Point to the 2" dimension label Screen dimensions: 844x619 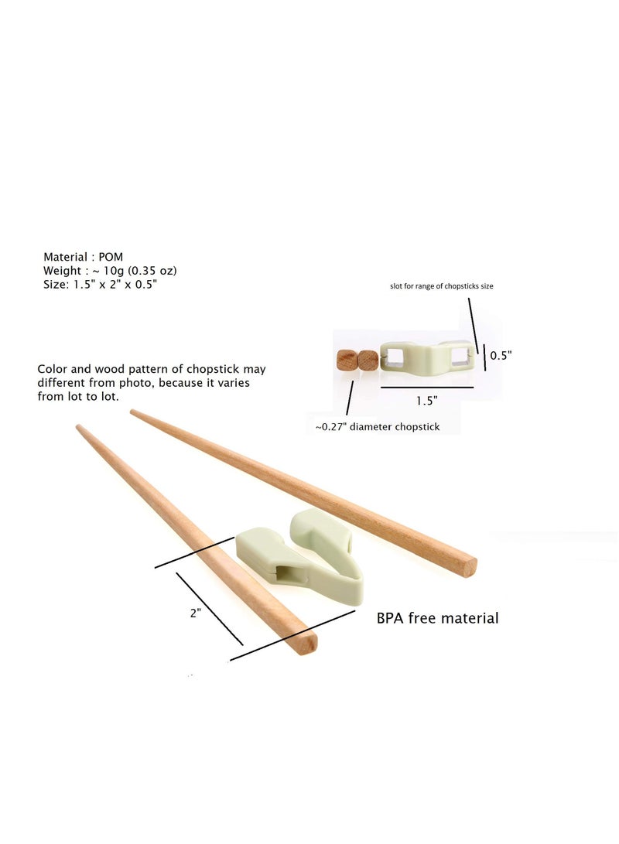pyautogui.click(x=196, y=612)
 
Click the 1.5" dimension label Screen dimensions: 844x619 pyautogui.click(x=426, y=401)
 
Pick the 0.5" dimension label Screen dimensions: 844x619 pyautogui.click(x=501, y=355)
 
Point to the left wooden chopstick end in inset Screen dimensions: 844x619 pyautogui.click(x=347, y=360)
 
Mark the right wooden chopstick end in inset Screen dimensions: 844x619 pyautogui.click(x=368, y=360)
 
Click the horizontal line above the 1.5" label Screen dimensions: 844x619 pyautogui.click(x=426, y=387)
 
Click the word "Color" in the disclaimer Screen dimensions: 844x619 pyautogui.click(x=52, y=370)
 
